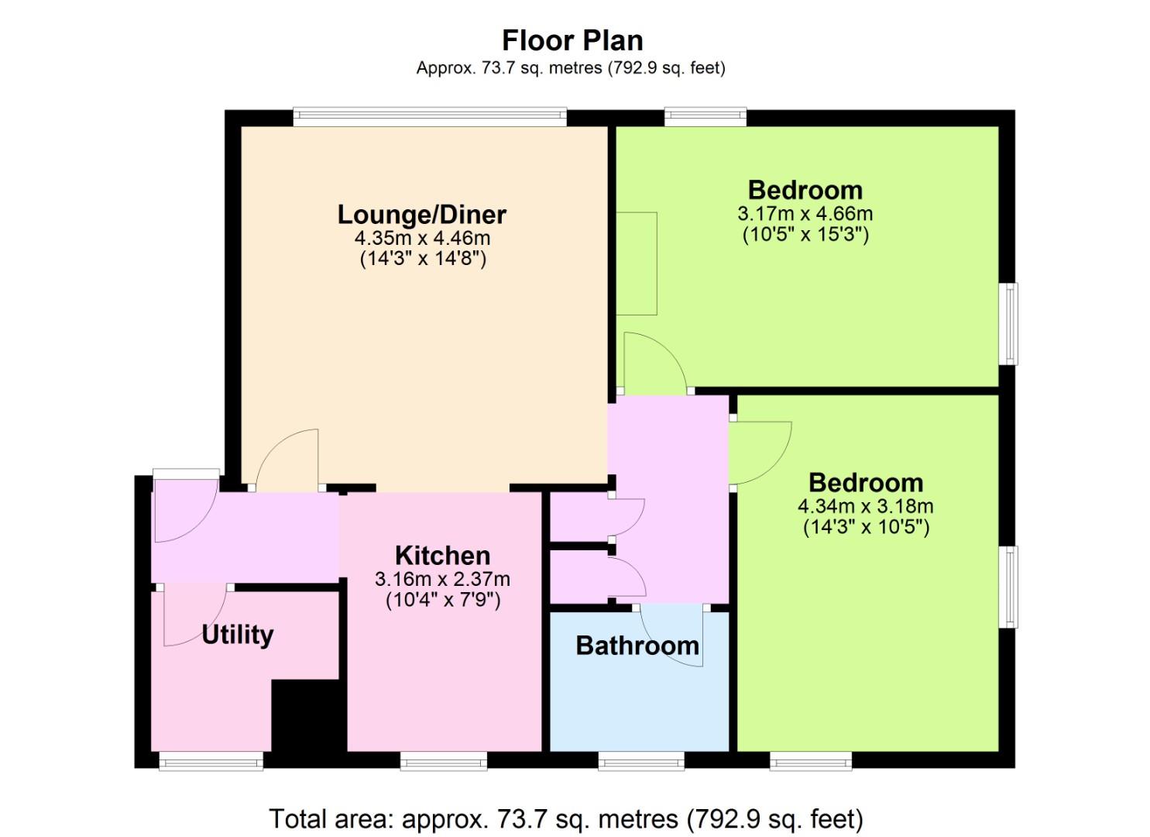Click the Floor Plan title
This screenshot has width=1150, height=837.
572,40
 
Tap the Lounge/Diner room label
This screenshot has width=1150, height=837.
421,215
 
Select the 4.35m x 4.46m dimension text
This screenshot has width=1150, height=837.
422,239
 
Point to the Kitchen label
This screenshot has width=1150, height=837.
442,556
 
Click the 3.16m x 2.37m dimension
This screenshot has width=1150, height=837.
442,580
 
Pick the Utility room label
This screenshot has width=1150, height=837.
238,635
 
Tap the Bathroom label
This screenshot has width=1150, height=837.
637,646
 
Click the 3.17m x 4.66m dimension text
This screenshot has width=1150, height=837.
805,213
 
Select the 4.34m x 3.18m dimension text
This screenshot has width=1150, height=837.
866,507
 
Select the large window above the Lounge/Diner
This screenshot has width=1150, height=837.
431,117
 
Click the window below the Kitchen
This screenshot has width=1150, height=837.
444,761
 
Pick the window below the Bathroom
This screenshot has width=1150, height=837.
641,761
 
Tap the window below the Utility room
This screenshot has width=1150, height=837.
211,761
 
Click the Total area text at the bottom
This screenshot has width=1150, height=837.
566,819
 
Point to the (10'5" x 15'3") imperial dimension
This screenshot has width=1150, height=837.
805,236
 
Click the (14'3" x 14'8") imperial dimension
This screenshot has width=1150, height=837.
423,259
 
